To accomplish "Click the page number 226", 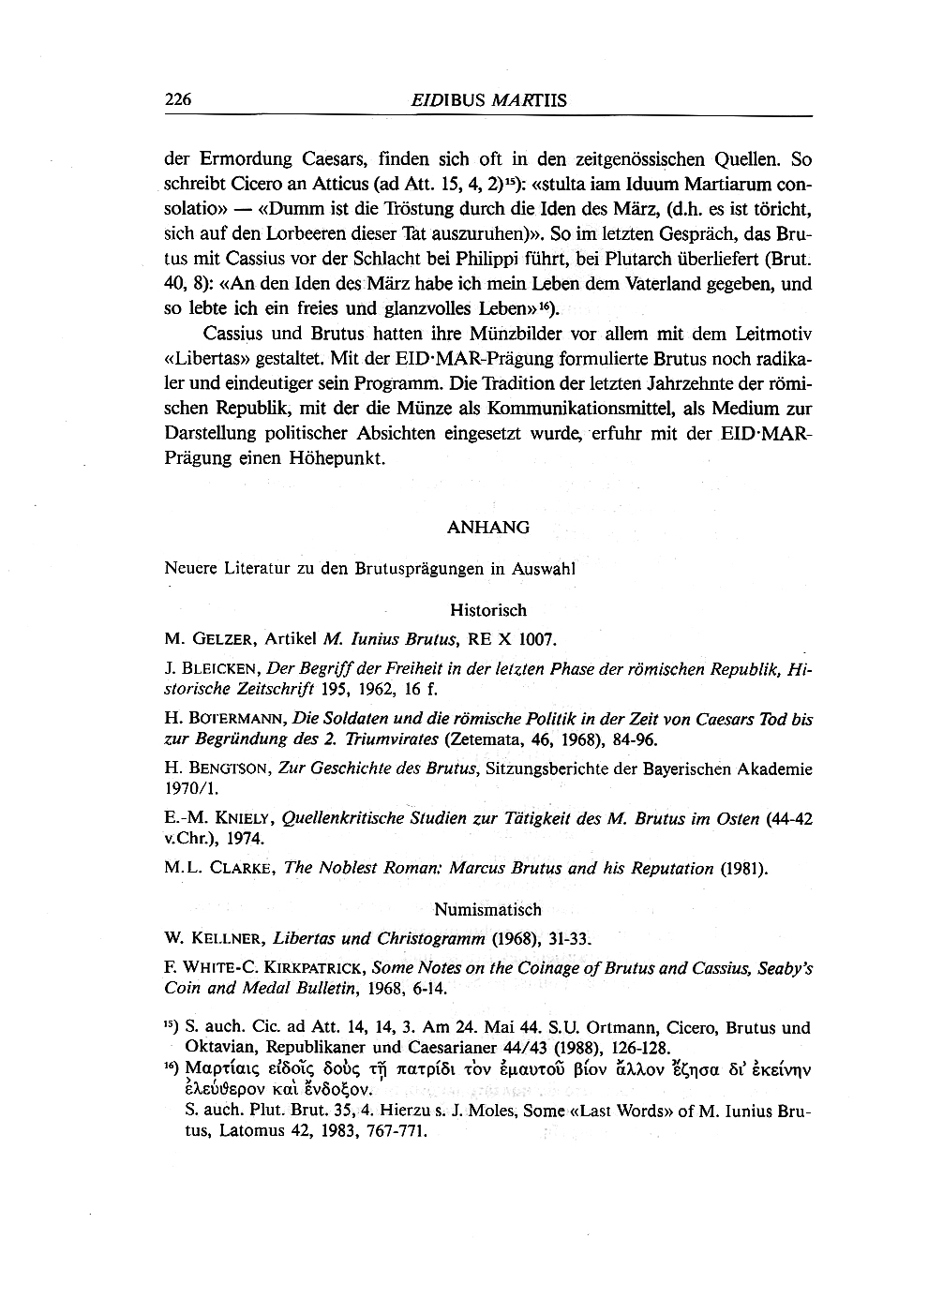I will click(178, 99).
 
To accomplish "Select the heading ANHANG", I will click(488, 528).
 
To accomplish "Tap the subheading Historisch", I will click(488, 610).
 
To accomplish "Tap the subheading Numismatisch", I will click(487, 909).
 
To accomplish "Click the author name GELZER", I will click(223, 640).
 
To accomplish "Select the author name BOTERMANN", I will click(239, 720).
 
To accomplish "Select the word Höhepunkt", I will click(340, 458).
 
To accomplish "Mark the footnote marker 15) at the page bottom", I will click(173, 1027).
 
